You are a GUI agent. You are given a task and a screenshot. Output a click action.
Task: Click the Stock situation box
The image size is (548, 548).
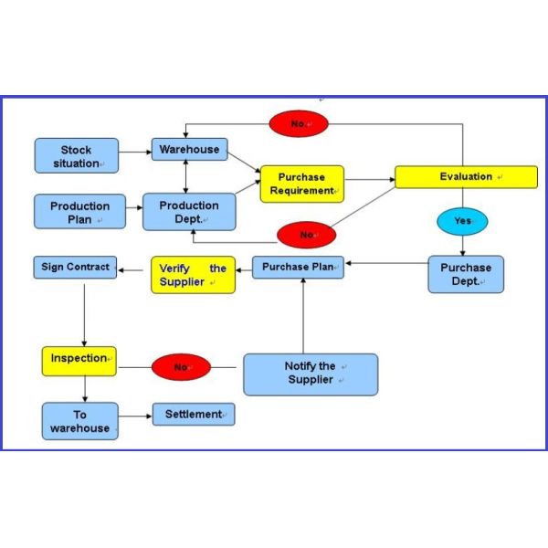coord(77,155)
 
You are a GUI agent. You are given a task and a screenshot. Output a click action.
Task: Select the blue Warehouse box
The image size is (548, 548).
coord(189,149)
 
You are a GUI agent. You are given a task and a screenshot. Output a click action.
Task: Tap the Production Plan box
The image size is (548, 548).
coord(79,212)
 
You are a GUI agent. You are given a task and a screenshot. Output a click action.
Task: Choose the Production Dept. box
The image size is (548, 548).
coord(189,211)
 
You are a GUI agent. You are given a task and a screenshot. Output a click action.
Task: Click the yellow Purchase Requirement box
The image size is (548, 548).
coord(302,184)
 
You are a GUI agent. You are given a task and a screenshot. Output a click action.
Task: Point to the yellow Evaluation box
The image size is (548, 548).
coord(466,176)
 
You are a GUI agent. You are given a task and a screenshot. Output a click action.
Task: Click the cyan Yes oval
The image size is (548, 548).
coord(463,221)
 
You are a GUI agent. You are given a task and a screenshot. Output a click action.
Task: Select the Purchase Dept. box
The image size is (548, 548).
coord(466,274)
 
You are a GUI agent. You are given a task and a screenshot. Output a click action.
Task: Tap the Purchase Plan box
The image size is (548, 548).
coord(298,268)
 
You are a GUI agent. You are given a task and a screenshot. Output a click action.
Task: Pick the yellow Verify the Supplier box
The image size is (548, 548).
coord(193,275)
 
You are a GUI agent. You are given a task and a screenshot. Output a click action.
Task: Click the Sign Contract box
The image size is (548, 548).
coord(76,268)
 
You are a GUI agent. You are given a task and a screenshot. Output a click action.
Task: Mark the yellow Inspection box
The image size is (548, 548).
coord(79,360)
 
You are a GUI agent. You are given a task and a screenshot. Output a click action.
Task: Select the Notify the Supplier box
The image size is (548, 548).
coord(310,374)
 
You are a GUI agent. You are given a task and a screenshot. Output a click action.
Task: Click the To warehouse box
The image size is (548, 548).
coord(79,421)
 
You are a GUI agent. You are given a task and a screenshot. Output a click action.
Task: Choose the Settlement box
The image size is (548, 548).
coord(194,415)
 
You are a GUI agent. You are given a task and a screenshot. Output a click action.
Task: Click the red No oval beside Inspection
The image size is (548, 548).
coord(181,367)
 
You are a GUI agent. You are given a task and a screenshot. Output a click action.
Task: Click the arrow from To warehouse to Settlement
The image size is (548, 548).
coord(135,416)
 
